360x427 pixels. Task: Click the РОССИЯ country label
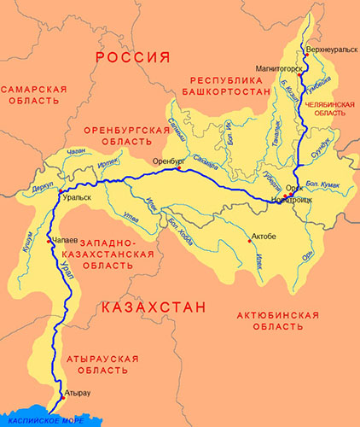click(x=129, y=57)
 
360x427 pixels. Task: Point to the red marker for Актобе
click(x=249, y=241)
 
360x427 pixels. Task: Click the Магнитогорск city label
click(x=276, y=67)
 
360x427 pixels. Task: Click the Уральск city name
click(x=78, y=197)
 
